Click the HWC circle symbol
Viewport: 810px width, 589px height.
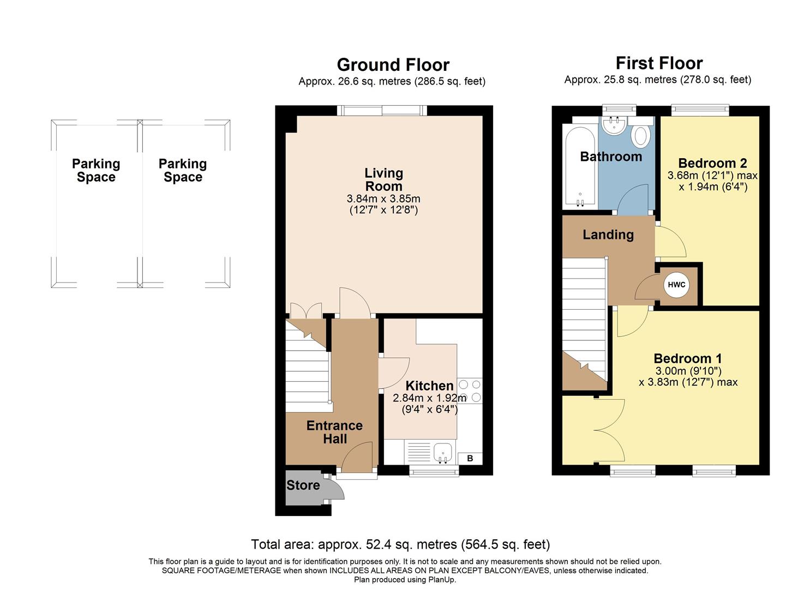click(x=676, y=285)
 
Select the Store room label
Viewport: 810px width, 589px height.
click(x=303, y=485)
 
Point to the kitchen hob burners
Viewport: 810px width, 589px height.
click(x=470, y=390)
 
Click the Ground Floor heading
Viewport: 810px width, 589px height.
click(x=393, y=65)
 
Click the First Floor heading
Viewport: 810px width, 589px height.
click(x=659, y=63)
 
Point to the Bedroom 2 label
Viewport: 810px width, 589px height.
click(x=712, y=163)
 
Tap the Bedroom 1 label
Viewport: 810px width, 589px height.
click(x=687, y=358)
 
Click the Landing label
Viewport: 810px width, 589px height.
click(x=608, y=235)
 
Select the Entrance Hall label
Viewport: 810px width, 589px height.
click(x=334, y=432)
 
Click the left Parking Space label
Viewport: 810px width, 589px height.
click(x=96, y=170)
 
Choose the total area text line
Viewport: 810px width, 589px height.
click(x=400, y=544)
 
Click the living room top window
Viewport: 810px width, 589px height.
click(x=382, y=111)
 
